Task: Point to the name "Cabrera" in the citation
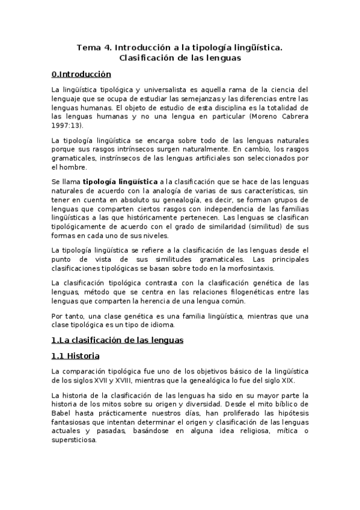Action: (293, 115)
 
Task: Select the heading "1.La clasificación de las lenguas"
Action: (118, 340)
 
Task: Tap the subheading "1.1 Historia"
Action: (76, 356)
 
